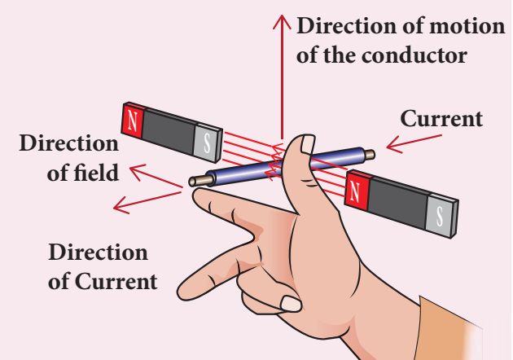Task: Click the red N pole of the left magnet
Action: click(131, 120)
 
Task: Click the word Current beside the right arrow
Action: click(441, 119)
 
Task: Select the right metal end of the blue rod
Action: click(369, 153)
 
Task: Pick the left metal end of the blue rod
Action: click(196, 181)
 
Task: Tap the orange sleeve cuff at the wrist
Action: click(456, 326)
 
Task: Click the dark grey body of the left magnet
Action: click(168, 130)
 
